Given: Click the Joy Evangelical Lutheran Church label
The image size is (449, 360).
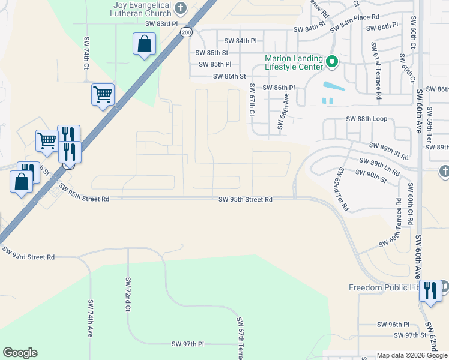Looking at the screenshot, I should (142, 10).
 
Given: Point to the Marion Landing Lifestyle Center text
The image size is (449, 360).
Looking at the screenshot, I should (295, 63).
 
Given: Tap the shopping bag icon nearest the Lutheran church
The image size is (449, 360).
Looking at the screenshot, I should (145, 44).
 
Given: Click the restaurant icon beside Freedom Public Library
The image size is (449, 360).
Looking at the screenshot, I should (430, 292).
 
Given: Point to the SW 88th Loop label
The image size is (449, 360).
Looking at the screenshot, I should (367, 119).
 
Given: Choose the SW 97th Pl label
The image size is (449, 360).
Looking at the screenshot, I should (188, 344).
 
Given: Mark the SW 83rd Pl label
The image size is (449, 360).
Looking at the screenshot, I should (162, 23).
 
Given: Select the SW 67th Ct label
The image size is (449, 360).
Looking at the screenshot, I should (252, 100).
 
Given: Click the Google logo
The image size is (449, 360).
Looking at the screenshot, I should (20, 353).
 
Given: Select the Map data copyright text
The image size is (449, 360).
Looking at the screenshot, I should (411, 355).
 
